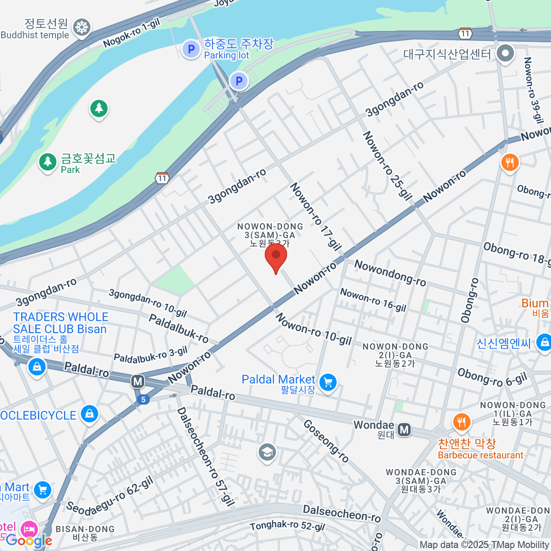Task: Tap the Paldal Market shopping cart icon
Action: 328,382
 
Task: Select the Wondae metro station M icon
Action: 404,430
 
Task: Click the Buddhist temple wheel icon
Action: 82,27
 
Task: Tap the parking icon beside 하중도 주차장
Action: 191,49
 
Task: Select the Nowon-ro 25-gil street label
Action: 387,166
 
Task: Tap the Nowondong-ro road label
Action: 390,273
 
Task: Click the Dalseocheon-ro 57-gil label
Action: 206,456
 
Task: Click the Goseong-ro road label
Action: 326,441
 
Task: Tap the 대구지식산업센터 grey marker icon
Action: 506,53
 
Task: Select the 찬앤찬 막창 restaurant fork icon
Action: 462,422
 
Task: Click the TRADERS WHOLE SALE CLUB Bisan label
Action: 60,323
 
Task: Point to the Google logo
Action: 28,541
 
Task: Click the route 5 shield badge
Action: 143,399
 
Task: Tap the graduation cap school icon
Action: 267,453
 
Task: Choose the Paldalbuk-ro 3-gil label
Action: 151,354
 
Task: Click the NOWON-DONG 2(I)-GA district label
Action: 395,355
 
